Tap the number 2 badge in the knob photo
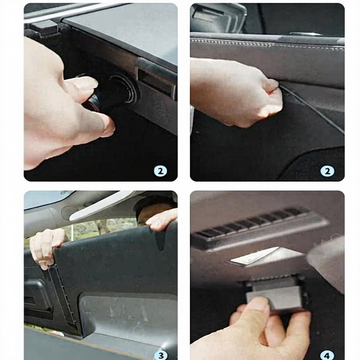[160, 171]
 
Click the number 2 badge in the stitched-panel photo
[327, 171]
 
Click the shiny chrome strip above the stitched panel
[306, 34]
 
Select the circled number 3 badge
[161, 355]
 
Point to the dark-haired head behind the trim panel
[154, 208]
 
